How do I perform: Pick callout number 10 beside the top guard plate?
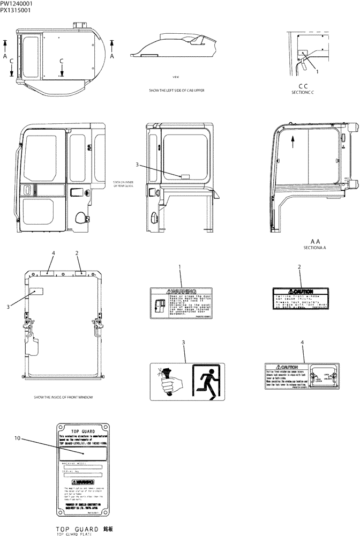[17, 438]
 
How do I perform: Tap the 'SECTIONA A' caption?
[314, 248]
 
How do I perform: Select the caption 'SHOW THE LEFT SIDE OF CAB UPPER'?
[176, 90]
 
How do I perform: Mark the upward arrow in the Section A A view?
[292, 142]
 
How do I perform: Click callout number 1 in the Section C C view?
[317, 71]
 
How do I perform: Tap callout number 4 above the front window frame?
[53, 252]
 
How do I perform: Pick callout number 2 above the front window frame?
[77, 252]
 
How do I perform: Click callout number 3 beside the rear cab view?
[138, 165]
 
